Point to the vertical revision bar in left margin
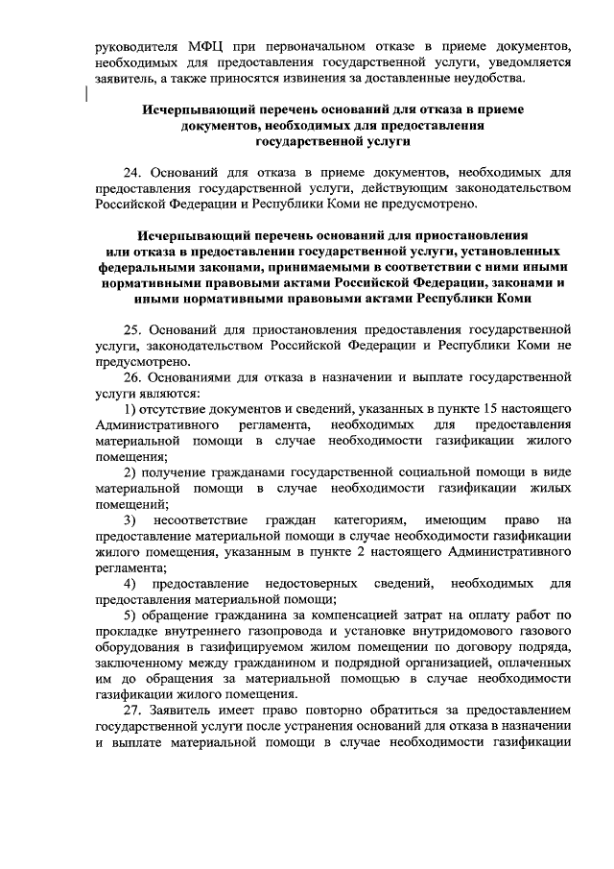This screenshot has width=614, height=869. (x=86, y=93)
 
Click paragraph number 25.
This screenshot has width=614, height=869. (x=135, y=328)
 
